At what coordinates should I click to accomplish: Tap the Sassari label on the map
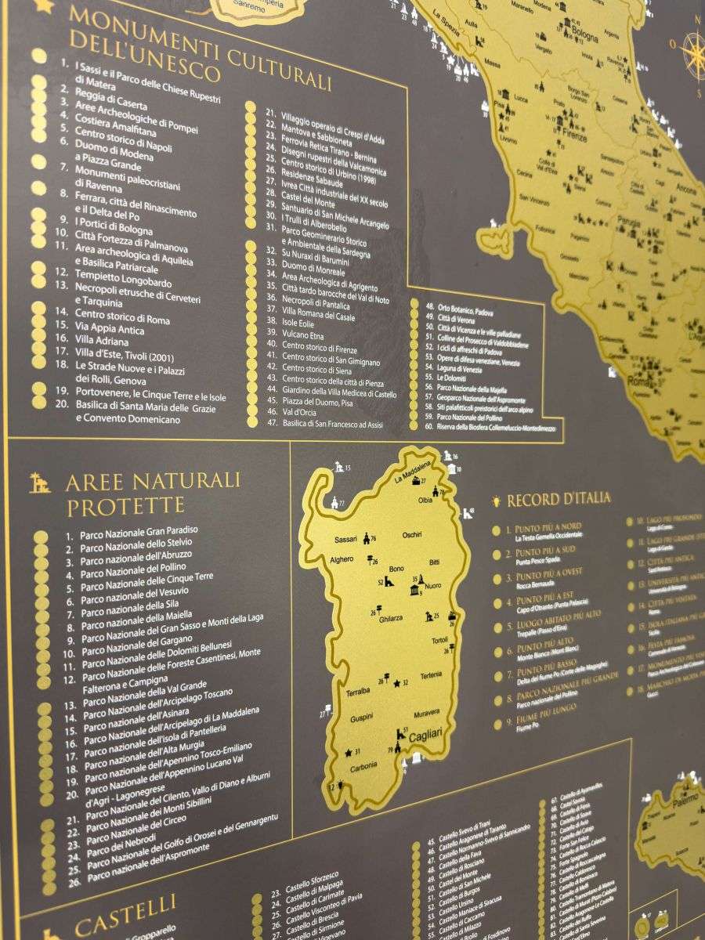[345, 540]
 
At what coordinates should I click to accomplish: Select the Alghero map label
[342, 559]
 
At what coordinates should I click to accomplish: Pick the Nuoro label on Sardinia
[432, 585]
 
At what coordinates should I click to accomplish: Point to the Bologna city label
[584, 35]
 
